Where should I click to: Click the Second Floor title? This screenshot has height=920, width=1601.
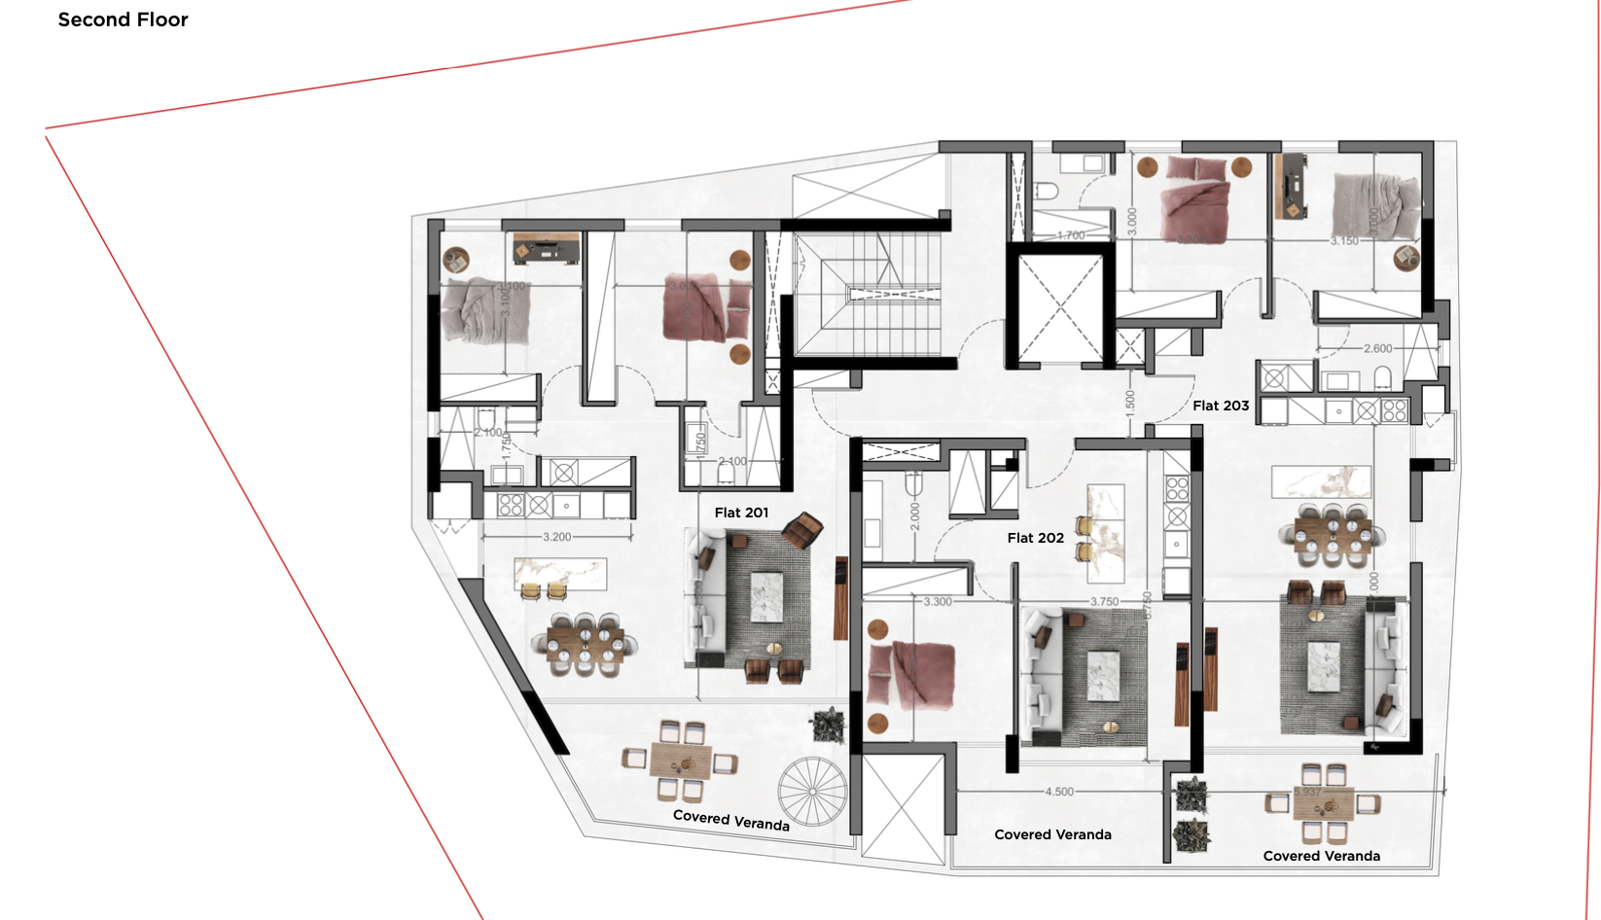tap(123, 19)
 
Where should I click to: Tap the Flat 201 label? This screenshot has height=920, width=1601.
tap(741, 513)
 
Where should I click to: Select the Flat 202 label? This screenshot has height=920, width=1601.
tap(1035, 538)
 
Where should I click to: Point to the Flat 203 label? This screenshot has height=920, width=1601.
tap(1221, 406)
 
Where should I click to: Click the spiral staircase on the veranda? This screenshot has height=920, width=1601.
tap(812, 792)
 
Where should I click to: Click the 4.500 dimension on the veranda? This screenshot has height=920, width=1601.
tap(1059, 792)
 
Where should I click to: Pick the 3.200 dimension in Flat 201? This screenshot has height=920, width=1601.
tap(556, 537)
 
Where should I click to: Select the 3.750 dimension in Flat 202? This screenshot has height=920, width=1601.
tap(1104, 602)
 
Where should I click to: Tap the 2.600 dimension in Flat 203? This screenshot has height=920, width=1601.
tap(1377, 348)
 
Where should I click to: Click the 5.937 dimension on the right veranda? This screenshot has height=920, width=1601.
tap(1307, 792)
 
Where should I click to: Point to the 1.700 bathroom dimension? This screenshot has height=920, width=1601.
tap(1071, 235)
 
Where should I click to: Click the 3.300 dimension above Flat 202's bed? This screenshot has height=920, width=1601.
tap(938, 602)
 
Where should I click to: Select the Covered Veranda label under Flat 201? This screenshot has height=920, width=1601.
tap(730, 820)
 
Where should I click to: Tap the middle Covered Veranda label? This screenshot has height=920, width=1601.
tap(1052, 834)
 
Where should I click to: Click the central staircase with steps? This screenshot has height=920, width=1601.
tap(869, 293)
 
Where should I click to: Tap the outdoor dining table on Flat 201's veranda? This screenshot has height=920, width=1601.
tap(680, 761)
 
